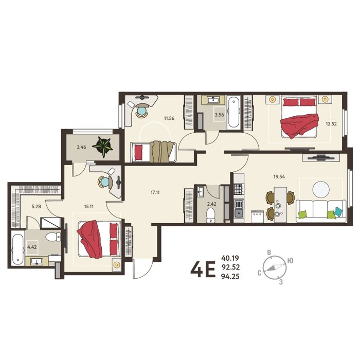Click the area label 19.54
tap(279, 176)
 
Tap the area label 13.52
tap(331, 124)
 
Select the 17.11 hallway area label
tap(155, 192)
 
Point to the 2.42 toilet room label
tap(211, 204)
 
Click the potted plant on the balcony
tap(102, 147)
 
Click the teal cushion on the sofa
tap(338, 211)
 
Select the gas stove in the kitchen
tap(239, 189)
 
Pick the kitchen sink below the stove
tap(239, 208)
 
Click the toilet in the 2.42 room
tap(210, 215)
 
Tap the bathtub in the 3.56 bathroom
tap(233, 112)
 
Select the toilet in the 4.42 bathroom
tap(53, 237)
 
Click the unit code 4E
tap(203, 269)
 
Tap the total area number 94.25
tap(230, 277)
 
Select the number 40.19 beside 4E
tap(230, 258)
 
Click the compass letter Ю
tap(290, 261)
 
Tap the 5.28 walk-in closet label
tap(37, 206)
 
